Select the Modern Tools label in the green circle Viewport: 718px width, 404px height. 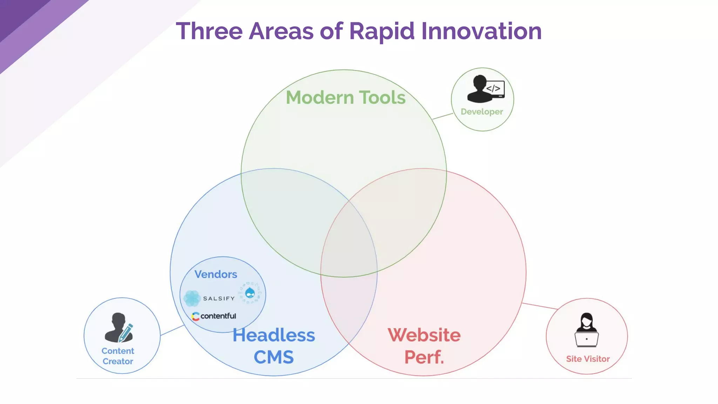click(x=346, y=97)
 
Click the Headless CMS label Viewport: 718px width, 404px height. click(x=273, y=346)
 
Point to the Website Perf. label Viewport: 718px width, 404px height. click(x=424, y=346)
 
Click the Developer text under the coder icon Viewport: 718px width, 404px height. click(x=482, y=112)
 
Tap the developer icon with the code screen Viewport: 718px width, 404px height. click(x=485, y=89)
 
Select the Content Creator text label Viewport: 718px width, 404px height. click(x=118, y=356)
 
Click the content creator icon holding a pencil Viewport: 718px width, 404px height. click(x=119, y=328)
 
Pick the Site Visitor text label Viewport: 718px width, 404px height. click(x=588, y=359)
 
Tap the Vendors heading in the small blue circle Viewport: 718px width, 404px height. click(x=216, y=274)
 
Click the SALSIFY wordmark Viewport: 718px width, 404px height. click(x=219, y=298)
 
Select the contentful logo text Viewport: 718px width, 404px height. click(x=218, y=316)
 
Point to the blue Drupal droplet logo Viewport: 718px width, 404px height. click(x=250, y=292)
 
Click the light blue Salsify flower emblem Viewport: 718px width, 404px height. click(x=192, y=298)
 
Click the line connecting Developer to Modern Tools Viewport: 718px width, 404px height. click(x=442, y=116)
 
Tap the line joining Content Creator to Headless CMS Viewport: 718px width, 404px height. click(x=172, y=330)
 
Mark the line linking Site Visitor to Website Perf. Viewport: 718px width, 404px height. click(x=540, y=306)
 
